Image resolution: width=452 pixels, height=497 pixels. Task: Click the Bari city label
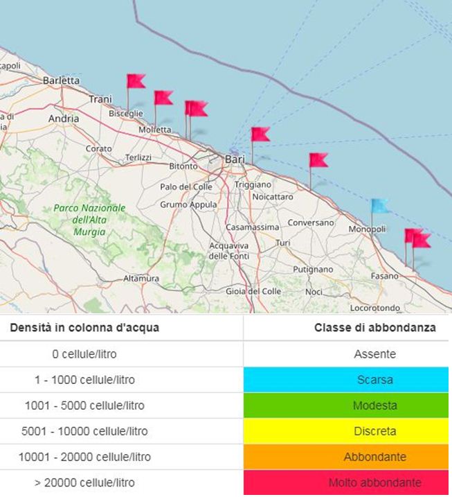[x=235, y=159]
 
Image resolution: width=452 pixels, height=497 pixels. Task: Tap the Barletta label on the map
[x=62, y=80]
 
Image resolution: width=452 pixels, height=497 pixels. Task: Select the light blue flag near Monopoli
[x=379, y=206]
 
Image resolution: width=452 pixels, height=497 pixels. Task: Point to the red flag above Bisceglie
[x=135, y=81]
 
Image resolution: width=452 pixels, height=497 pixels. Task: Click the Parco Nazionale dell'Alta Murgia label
[x=90, y=220]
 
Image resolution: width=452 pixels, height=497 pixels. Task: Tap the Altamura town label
[x=141, y=279]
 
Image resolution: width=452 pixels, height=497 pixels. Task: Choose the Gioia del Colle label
[x=253, y=291]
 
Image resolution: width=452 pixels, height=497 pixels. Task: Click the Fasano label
[x=385, y=275]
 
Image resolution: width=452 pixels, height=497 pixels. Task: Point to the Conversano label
[x=311, y=223]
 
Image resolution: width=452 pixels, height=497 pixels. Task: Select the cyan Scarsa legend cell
[x=347, y=380]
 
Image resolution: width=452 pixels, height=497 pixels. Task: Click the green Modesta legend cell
[x=347, y=406]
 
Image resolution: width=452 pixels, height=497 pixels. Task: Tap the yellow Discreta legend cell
[x=347, y=431]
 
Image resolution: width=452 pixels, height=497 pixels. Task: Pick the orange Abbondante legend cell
[x=347, y=457]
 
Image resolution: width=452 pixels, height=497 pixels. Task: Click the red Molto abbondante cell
[x=347, y=482]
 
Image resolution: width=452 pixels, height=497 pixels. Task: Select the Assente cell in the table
[x=347, y=354]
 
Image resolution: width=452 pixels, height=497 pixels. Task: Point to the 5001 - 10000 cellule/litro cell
[x=84, y=431]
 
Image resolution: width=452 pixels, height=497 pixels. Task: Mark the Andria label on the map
[x=64, y=119]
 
